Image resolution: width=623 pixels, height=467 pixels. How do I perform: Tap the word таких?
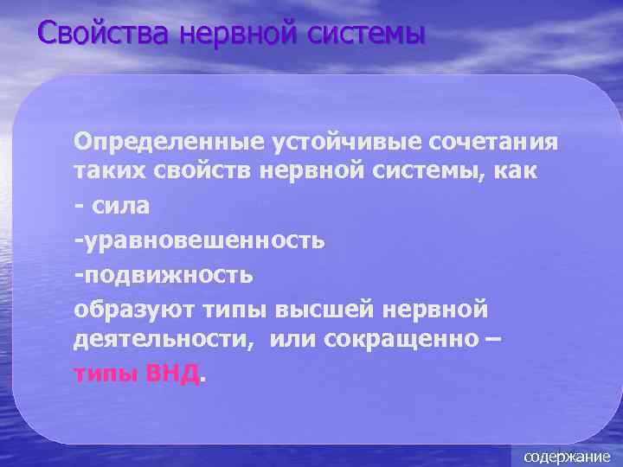103,172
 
